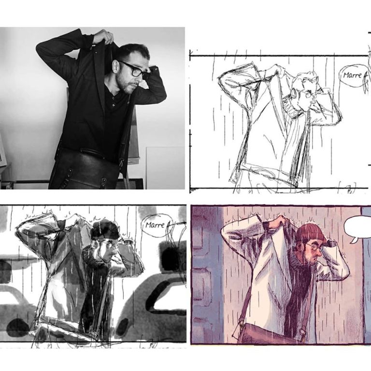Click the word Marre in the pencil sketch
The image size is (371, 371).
[352, 75]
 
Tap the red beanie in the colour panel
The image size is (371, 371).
[310, 232]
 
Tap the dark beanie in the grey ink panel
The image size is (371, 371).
[105, 229]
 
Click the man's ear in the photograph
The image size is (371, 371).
[116, 66]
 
